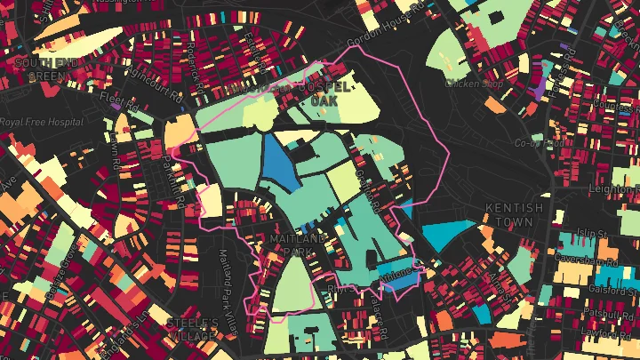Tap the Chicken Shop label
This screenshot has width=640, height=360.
468,83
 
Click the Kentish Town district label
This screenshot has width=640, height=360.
514,213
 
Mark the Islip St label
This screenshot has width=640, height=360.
591,234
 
